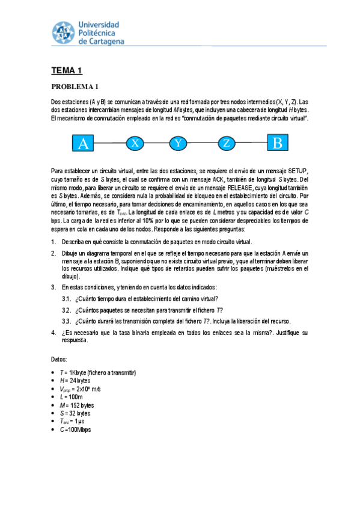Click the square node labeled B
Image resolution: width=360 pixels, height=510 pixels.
point(277,144)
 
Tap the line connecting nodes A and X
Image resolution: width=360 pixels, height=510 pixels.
point(111,144)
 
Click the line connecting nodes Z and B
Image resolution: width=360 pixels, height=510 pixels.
point(252,144)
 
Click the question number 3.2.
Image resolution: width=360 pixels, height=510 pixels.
point(67,310)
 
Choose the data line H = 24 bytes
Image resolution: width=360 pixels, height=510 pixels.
point(75,381)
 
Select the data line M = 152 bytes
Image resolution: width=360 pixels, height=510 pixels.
point(76,405)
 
